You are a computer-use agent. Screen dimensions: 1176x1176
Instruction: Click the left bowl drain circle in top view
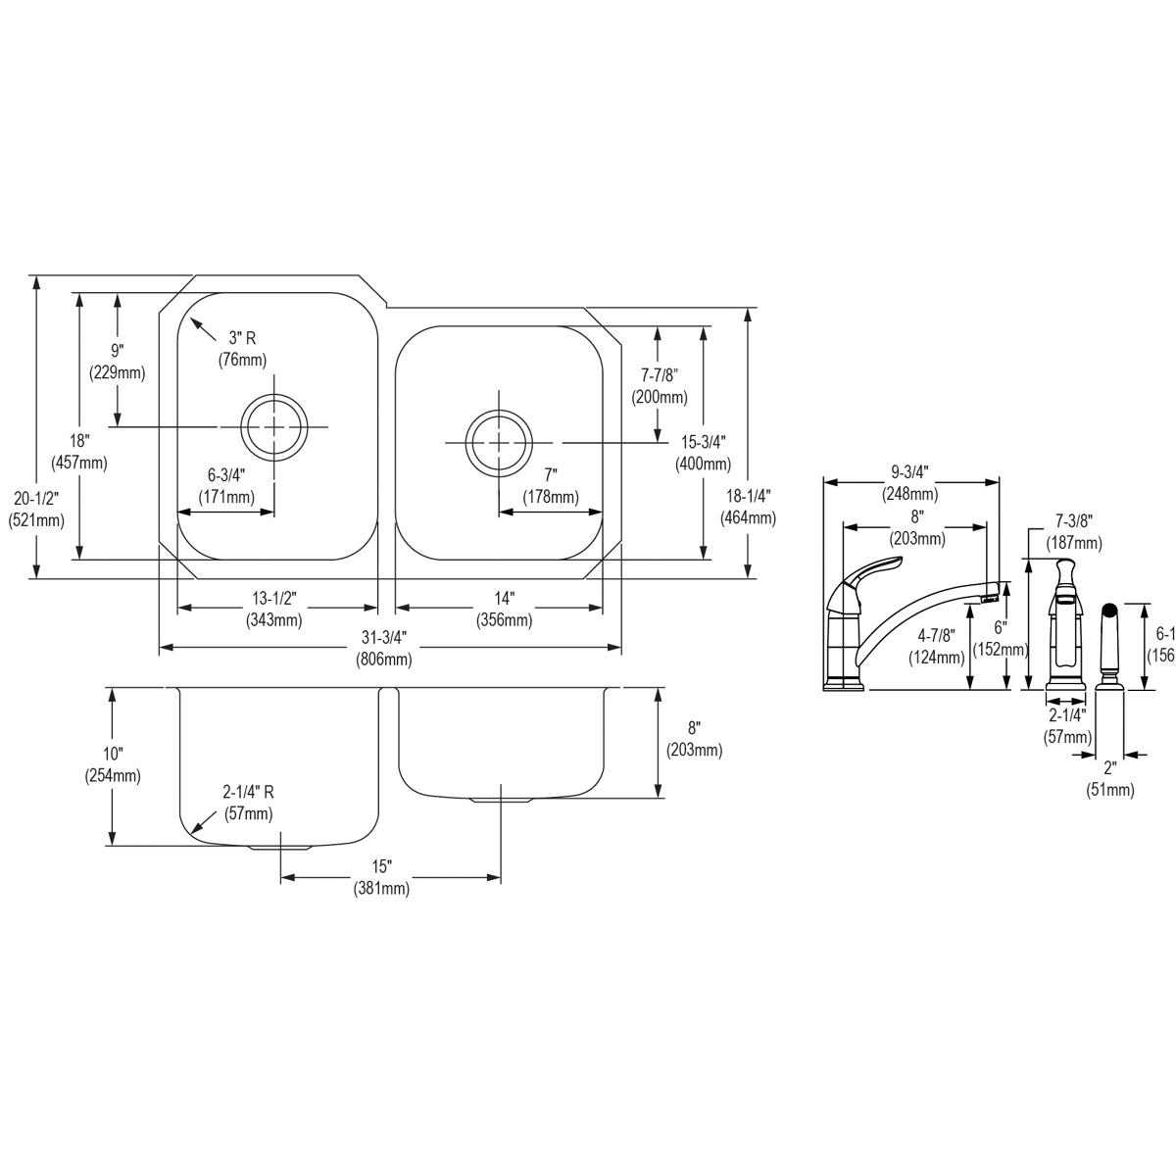274,426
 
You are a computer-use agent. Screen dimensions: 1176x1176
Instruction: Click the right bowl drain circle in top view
500,443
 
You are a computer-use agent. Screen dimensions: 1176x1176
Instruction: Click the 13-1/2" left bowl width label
273,609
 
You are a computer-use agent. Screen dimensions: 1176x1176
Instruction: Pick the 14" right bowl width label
504,609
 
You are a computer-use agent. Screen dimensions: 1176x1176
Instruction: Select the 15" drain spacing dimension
381,878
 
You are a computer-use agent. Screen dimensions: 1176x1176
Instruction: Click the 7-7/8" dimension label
660,386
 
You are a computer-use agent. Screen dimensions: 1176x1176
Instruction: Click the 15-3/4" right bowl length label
703,452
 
